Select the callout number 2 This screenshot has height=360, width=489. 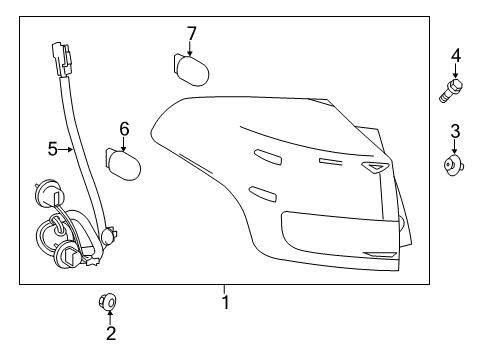[x=111, y=334]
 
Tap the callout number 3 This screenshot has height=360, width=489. [x=455, y=130]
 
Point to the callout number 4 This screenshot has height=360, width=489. [x=455, y=55]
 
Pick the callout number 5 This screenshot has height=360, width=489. [x=52, y=150]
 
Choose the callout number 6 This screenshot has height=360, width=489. [x=124, y=128]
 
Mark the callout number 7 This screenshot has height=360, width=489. [x=191, y=34]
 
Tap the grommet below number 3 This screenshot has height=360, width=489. [x=455, y=164]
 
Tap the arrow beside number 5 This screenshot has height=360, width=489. [x=69, y=150]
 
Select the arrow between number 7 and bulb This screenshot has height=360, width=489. [x=191, y=49]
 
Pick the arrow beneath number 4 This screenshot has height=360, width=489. [x=455, y=72]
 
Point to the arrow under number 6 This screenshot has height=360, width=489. [x=124, y=143]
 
